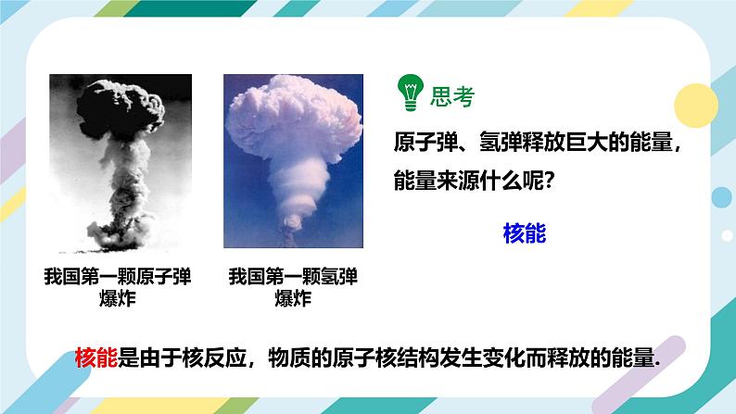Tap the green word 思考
pyautogui.click(x=452, y=95)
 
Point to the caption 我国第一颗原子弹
pyautogui.click(x=117, y=277)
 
